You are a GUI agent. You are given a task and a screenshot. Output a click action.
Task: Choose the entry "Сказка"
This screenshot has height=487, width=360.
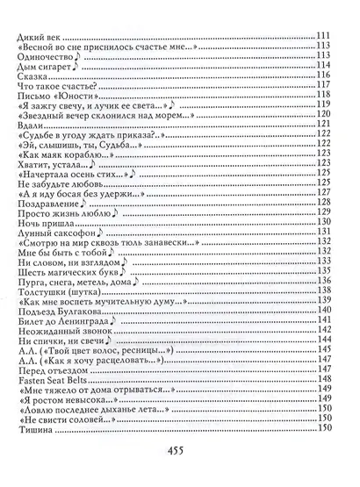[x=33, y=75]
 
